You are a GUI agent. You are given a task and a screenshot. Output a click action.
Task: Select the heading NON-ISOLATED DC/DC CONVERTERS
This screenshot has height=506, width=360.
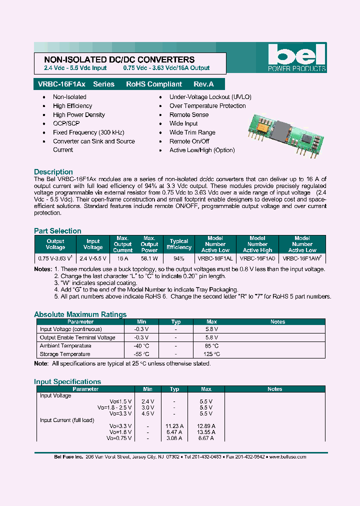point(116,59)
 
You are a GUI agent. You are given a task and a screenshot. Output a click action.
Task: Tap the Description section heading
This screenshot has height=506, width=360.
point(53,171)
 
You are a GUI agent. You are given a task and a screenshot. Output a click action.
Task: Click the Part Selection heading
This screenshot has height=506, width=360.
point(57,230)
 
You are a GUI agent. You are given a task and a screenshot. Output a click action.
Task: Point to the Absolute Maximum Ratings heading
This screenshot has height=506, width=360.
point(80,314)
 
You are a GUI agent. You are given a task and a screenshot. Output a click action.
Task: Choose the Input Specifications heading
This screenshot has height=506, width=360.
point(67,381)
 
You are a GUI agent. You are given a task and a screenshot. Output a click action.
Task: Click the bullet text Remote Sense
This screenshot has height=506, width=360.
point(189,114)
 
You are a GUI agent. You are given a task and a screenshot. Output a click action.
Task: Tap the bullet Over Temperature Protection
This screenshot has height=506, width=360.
point(207,106)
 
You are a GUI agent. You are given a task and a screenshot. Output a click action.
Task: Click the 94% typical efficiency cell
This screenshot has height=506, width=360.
point(178,258)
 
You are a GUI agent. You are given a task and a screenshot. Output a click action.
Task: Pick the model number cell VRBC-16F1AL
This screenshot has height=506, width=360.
point(215,258)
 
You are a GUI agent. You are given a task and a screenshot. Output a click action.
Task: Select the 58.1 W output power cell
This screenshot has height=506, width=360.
point(149,258)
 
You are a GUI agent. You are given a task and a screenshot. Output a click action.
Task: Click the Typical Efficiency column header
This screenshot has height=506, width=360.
point(178,244)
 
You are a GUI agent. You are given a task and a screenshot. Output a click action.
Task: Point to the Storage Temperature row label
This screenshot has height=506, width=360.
point(65,354)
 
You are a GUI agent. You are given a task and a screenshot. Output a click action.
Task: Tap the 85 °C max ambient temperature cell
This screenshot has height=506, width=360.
point(211,345)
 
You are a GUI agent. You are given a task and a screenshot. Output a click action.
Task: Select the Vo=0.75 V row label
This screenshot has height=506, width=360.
point(119,438)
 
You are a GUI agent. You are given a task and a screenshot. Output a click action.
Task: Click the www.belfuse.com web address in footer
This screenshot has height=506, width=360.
point(287,456)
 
